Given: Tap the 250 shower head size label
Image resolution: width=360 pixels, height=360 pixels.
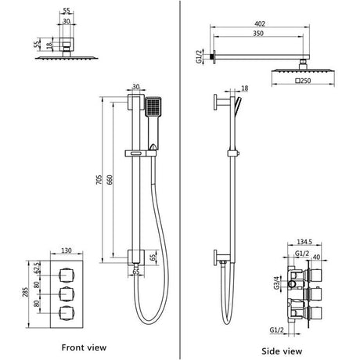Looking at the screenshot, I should tap(307, 80).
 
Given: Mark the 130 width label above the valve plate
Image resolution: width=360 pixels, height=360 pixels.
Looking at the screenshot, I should tap(67, 252).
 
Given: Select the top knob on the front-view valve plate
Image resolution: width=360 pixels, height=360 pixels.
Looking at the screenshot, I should tap(67, 275).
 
